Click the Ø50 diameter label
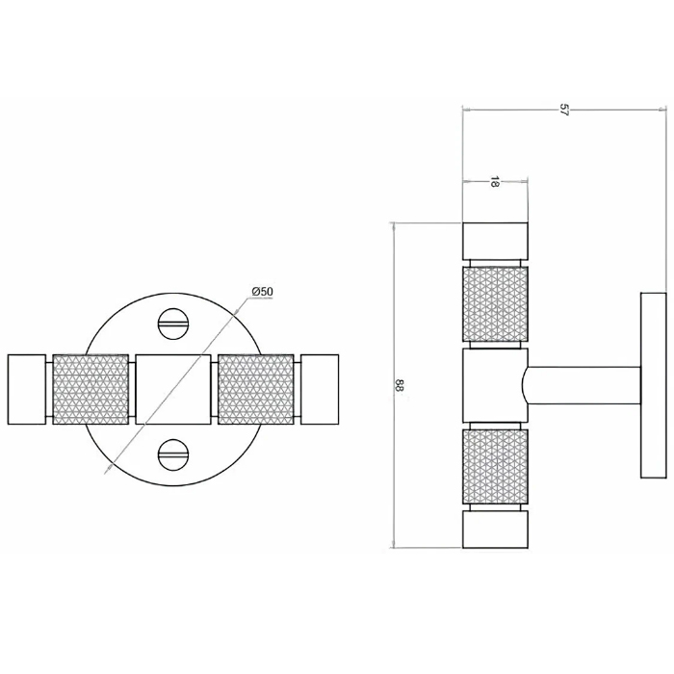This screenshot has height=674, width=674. click(262, 292)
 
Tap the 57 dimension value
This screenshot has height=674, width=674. click(564, 110)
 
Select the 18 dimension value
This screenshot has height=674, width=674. click(494, 182)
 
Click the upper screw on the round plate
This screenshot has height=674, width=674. click(172, 324)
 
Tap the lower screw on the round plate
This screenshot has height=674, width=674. click(172, 454)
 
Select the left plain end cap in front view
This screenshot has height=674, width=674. click(27, 389)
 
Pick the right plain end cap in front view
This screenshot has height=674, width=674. click(320, 389)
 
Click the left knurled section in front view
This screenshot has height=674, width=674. click(91, 389)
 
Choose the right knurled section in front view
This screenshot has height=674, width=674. click(256, 389)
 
